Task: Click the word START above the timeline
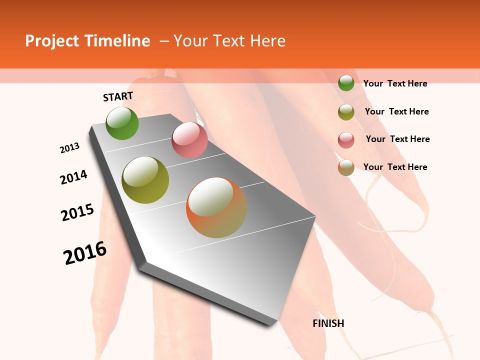click(x=118, y=96)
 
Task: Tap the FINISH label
click(x=328, y=323)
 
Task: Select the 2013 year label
click(x=70, y=148)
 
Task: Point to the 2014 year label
click(x=74, y=177)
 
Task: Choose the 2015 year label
click(x=77, y=212)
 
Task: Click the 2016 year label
click(x=85, y=253)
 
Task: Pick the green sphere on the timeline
click(x=122, y=123)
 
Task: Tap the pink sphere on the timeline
click(x=189, y=140)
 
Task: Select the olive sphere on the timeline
click(x=145, y=180)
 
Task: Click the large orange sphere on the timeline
click(x=216, y=207)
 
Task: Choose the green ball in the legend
click(x=346, y=83)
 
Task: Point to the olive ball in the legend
click(x=346, y=112)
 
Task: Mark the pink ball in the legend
click(x=346, y=140)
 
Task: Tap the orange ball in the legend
click(x=346, y=168)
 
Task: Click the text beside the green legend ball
click(x=395, y=83)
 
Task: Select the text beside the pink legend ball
click(x=397, y=139)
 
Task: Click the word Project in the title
click(x=51, y=41)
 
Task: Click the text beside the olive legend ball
click(x=396, y=111)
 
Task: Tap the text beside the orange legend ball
click(x=395, y=167)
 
